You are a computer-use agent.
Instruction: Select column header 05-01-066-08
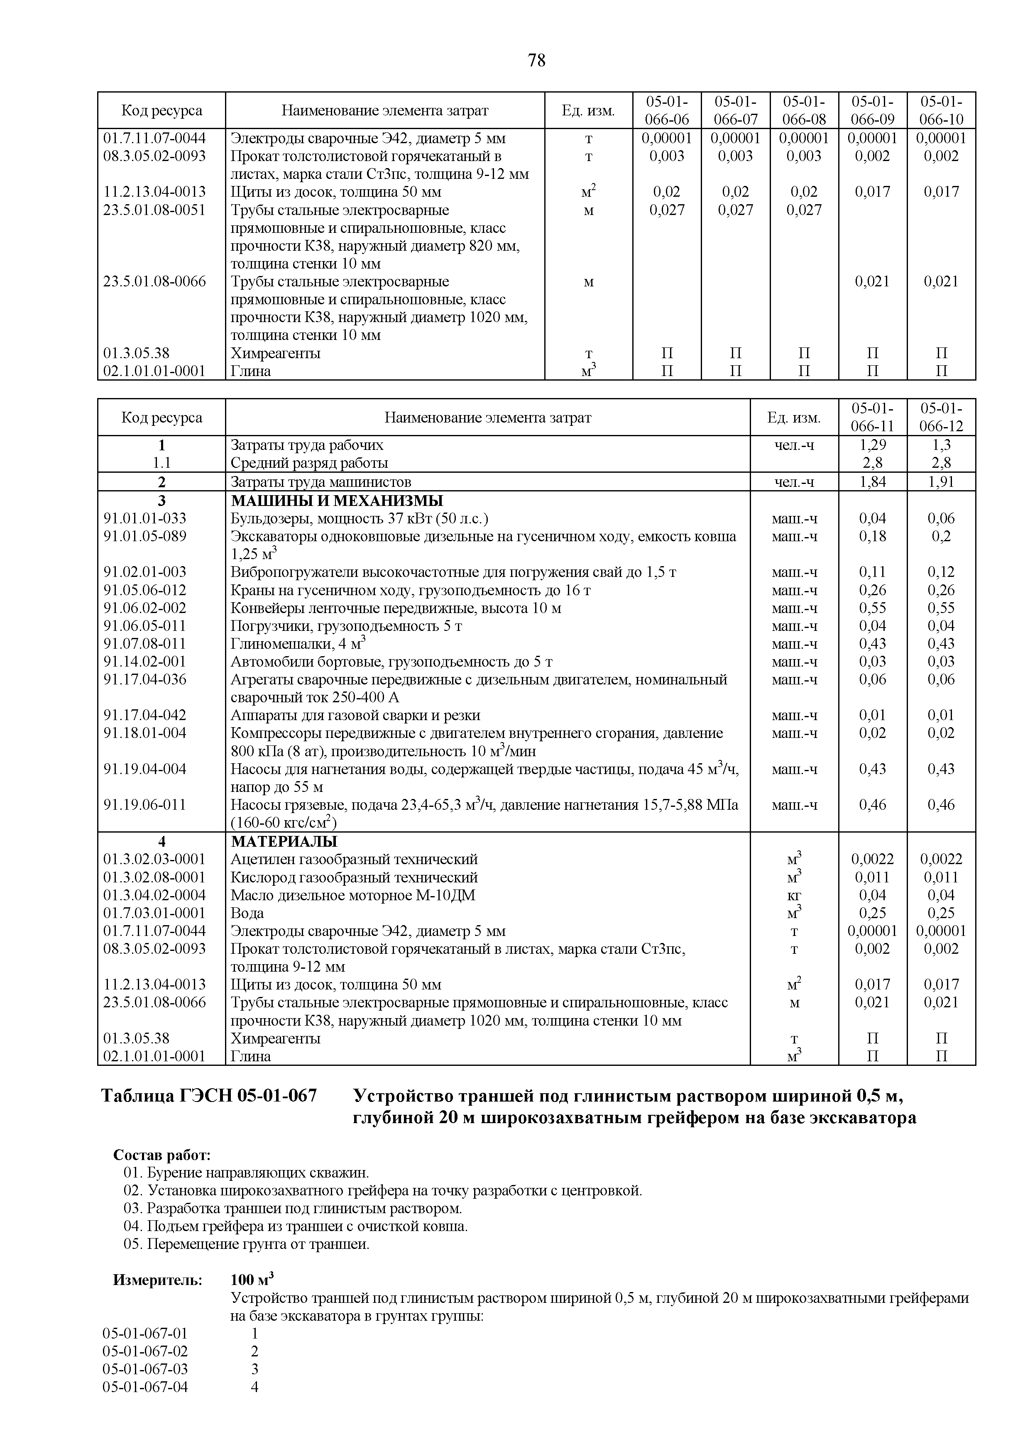[804, 110]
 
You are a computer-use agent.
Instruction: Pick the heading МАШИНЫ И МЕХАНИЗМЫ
[337, 500]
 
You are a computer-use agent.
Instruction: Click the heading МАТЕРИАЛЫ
[284, 841]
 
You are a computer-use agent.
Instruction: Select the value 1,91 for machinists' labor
[941, 482]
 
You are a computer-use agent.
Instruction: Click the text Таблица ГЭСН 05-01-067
[209, 1096]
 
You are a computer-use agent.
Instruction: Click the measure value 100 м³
[252, 1279]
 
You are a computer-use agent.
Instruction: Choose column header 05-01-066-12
[941, 417]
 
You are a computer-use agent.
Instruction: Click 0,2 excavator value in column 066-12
[941, 537]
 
